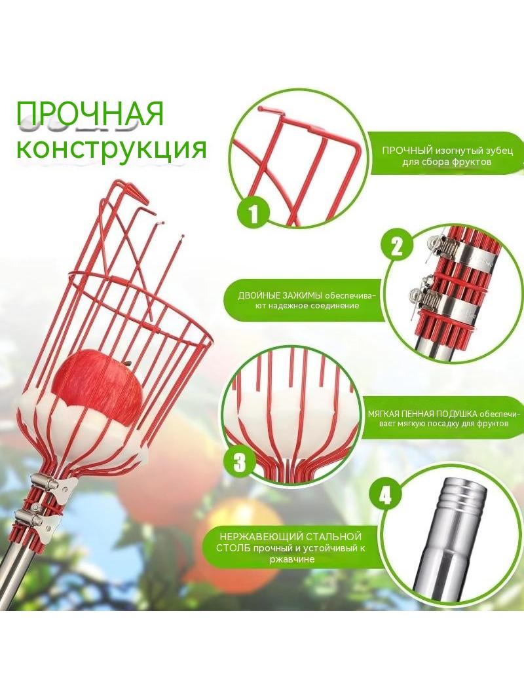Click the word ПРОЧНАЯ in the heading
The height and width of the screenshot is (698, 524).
(x=90, y=114)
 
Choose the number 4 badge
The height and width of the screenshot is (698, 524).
(x=385, y=494)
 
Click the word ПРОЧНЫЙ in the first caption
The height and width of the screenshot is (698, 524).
(x=408, y=151)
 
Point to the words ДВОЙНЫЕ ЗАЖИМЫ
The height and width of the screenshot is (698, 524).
(x=280, y=295)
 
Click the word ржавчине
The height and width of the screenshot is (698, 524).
(x=292, y=560)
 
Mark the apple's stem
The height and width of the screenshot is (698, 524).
(x=128, y=363)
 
